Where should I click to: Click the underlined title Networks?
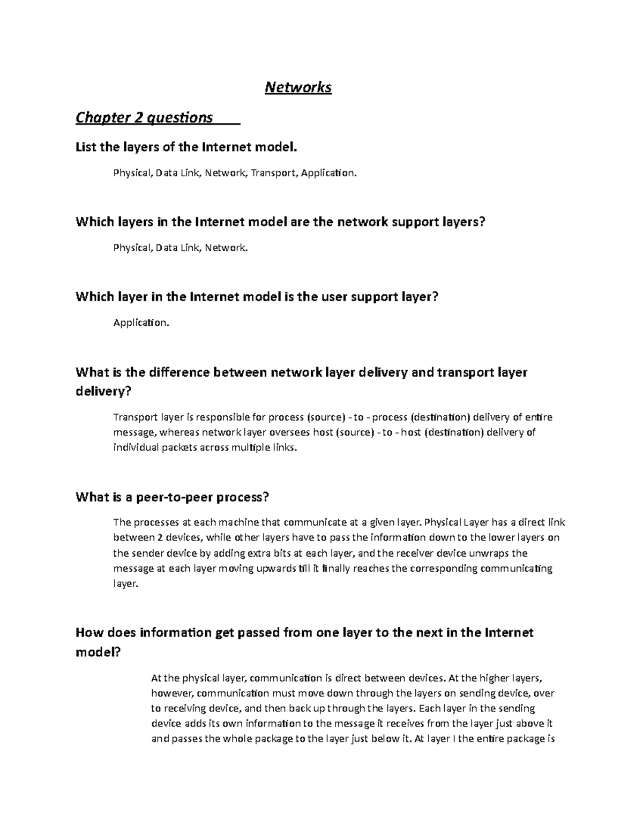tap(298, 87)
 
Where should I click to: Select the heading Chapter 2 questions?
tap(144, 117)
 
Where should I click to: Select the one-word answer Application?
tap(141, 323)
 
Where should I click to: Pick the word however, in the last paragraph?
tap(171, 693)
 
